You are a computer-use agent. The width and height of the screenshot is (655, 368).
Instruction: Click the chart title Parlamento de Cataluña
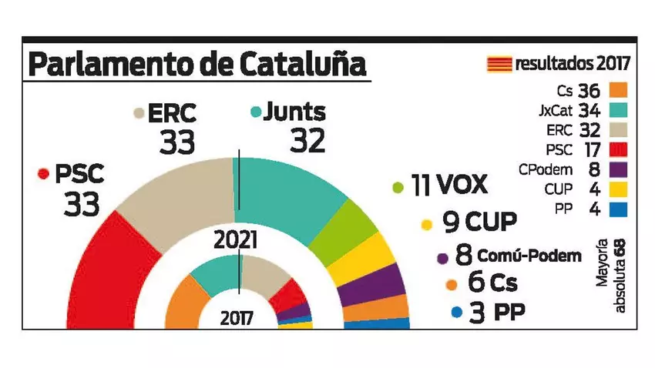pos(196,65)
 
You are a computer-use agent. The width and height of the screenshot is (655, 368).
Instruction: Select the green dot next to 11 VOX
pos(398,187)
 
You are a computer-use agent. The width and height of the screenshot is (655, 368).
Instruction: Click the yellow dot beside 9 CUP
pos(426,226)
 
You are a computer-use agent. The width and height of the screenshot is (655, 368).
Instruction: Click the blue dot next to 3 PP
pos(456,313)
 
